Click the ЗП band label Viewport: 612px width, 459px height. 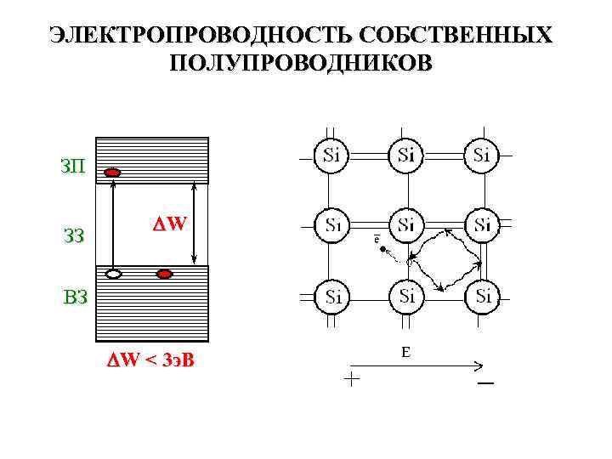73,164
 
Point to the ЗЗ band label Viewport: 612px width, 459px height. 74,235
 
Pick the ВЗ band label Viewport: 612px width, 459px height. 74,297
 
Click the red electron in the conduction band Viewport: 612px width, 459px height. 112,173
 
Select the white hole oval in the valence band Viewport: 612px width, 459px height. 114,275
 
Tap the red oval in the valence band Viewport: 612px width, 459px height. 165,275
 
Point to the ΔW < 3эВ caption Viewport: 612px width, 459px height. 150,360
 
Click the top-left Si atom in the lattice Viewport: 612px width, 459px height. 332,155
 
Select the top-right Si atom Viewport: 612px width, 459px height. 481,155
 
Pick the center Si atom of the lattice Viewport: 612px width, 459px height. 407,225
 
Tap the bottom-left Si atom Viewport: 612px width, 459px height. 332,297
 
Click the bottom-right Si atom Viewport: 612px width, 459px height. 481,296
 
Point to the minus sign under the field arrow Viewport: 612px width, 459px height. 485,384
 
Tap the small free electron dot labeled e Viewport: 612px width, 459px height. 383,250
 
